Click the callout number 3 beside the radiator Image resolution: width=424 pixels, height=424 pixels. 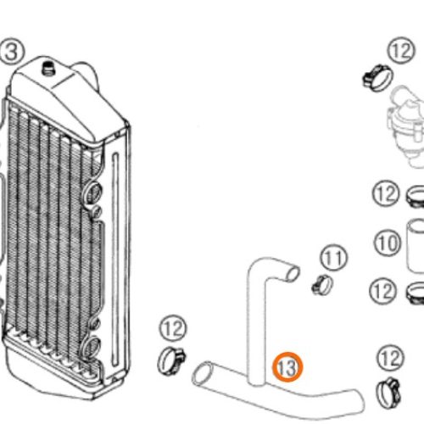(12, 52)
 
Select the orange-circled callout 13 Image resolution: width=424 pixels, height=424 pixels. (287, 367)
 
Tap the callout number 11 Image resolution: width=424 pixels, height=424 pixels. (334, 258)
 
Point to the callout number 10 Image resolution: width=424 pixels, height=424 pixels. (388, 243)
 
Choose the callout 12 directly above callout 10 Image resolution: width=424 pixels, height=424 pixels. (386, 194)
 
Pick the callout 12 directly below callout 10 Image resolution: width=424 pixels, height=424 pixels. (383, 291)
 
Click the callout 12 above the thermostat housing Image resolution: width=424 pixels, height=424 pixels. (401, 51)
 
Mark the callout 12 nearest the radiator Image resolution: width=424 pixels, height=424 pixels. (173, 329)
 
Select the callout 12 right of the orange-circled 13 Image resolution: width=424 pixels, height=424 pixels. (391, 359)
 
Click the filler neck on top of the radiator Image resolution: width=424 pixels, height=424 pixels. (48, 68)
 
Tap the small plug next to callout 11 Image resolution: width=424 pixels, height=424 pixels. (322, 284)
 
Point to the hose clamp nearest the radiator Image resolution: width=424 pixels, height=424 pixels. (171, 360)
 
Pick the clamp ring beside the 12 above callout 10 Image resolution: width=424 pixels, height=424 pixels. (415, 196)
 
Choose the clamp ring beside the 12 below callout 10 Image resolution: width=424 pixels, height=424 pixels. (415, 293)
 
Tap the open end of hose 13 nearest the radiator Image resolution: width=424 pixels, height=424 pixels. (203, 374)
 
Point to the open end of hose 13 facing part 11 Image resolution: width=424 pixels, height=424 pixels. (292, 274)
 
